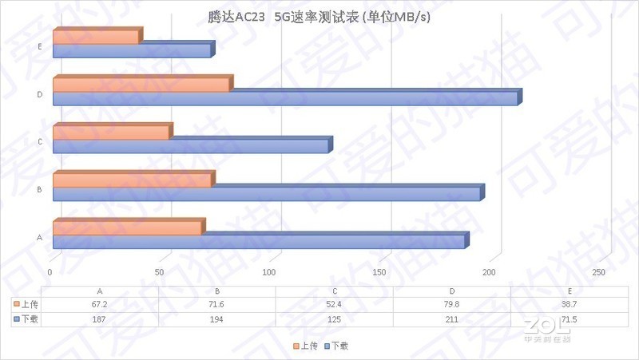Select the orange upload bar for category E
pyautogui.click(x=96, y=38)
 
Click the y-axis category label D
pyautogui.click(x=39, y=95)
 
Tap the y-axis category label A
pyautogui.click(x=39, y=237)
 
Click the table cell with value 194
pyautogui.click(x=217, y=318)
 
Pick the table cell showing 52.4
pyautogui.click(x=334, y=304)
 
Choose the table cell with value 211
pyautogui.click(x=451, y=318)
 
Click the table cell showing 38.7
pyautogui.click(x=569, y=304)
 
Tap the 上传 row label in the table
pyautogui.click(x=26, y=304)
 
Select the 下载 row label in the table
pyautogui.click(x=26, y=318)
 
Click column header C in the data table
pyautogui.click(x=334, y=291)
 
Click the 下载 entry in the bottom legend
pyautogui.click(x=335, y=346)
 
